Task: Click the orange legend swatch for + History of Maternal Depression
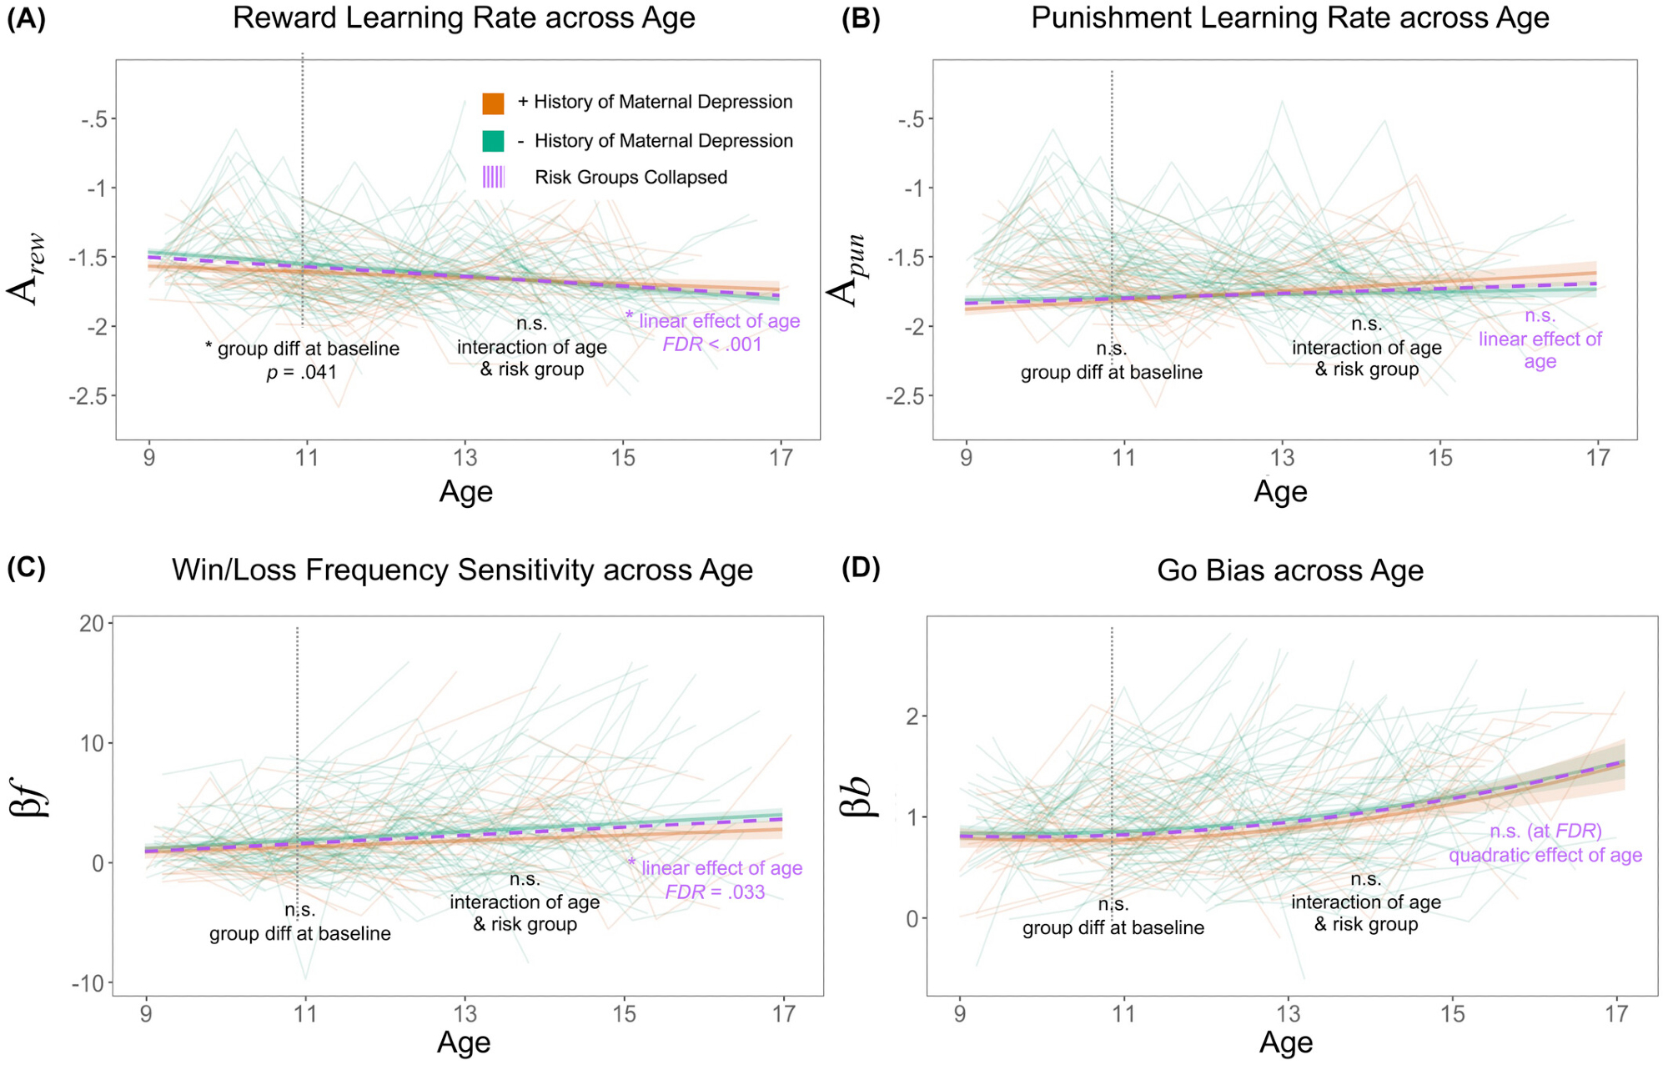[x=493, y=103]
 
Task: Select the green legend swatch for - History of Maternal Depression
[x=493, y=141]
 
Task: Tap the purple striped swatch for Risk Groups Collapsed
[x=493, y=177]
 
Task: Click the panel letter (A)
[x=26, y=18]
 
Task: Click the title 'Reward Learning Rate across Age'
[x=464, y=18]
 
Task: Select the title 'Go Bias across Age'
[x=1289, y=570]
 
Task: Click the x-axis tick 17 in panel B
[x=1597, y=458]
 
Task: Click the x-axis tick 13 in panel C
[x=465, y=1014]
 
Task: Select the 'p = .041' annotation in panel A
[x=301, y=372]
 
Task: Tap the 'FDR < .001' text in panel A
[x=712, y=344]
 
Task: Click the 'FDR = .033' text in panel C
[x=715, y=892]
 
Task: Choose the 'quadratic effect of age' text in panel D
[x=1545, y=856]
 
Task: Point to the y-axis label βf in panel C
[x=32, y=796]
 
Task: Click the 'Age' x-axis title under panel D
[x=1286, y=1042]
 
